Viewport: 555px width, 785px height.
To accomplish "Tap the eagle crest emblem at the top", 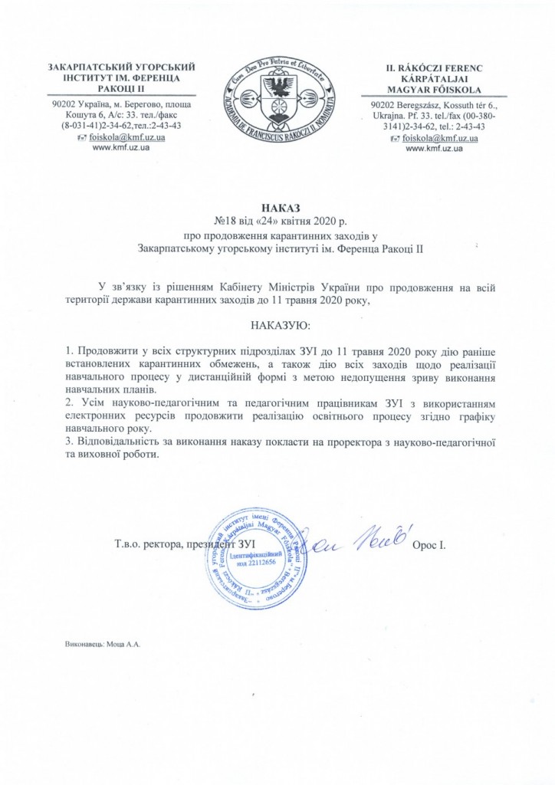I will click(279, 100).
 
